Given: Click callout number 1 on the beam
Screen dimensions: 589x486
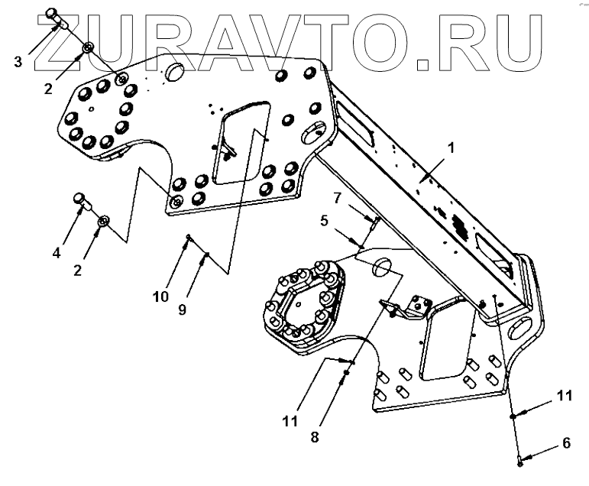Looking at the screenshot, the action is (x=451, y=148).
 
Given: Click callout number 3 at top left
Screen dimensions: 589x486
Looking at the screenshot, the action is (x=18, y=61).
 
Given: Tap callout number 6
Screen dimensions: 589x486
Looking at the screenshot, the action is (x=565, y=442).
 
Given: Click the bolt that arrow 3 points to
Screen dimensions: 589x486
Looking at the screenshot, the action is (x=55, y=16).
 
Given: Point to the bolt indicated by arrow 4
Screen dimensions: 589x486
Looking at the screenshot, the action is (x=81, y=199).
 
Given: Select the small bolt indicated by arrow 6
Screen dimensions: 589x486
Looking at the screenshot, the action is (x=519, y=459).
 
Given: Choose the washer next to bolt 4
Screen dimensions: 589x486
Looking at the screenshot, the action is (x=104, y=221).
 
